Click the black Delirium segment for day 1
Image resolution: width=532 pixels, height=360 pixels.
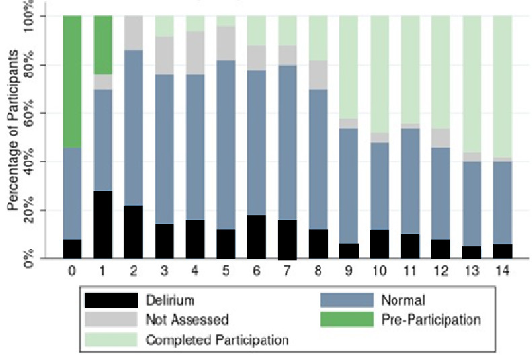click(x=102, y=225)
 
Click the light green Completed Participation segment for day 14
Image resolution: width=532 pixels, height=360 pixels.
click(x=502, y=87)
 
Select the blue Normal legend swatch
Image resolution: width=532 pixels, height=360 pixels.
click(x=346, y=300)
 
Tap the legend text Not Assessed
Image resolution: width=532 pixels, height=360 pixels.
click(x=186, y=320)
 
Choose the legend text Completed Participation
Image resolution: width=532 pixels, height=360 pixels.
click(x=217, y=340)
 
